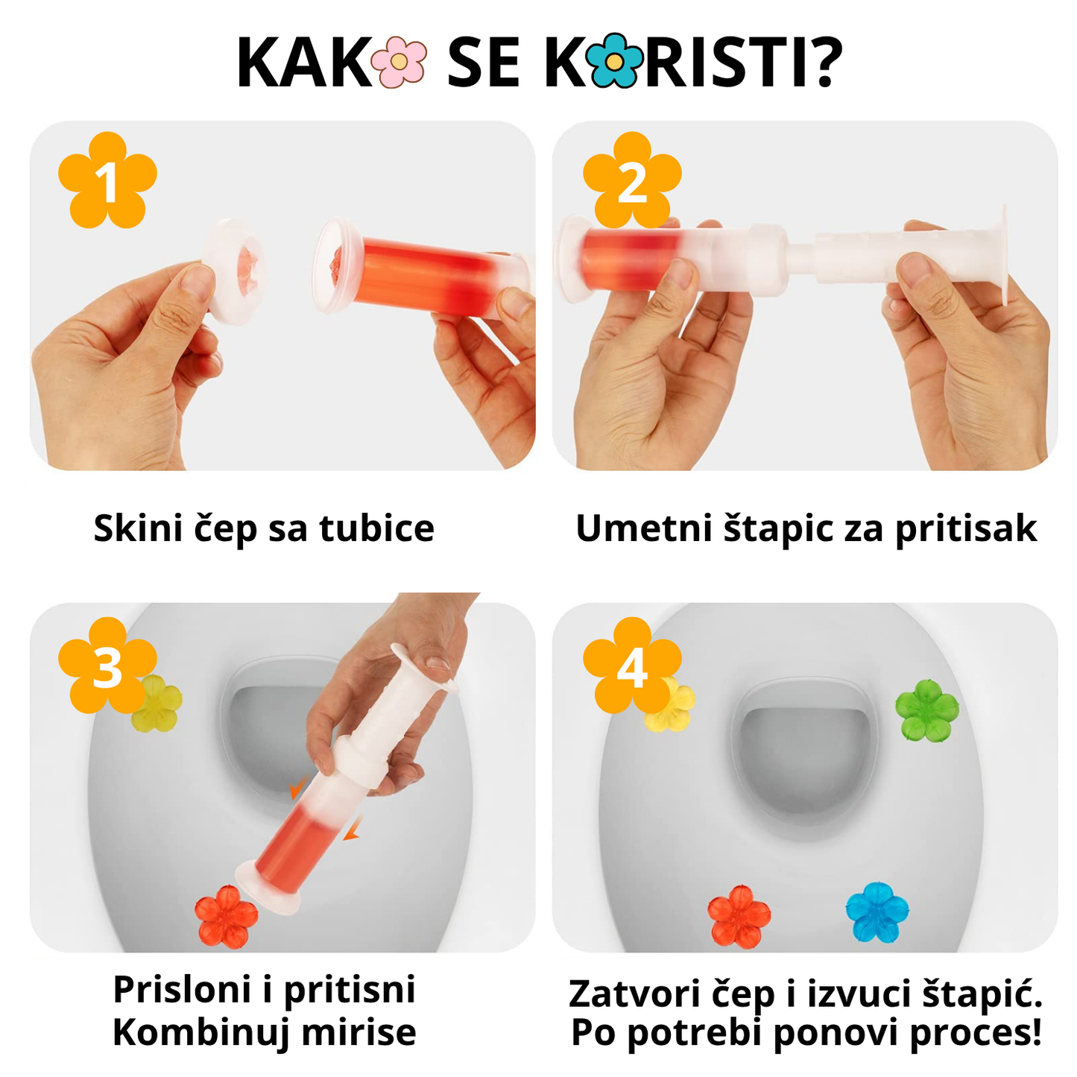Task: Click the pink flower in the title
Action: click(x=399, y=62)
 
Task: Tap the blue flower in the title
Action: click(x=614, y=62)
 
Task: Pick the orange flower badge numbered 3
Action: click(x=107, y=666)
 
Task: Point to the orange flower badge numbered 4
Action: click(x=632, y=666)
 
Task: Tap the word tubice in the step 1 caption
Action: click(x=376, y=528)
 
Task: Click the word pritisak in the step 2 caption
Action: click(x=965, y=529)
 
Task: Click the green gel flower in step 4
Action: click(x=926, y=710)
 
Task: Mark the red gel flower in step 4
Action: click(x=739, y=916)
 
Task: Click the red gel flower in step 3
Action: click(x=226, y=917)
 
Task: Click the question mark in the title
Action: click(x=824, y=62)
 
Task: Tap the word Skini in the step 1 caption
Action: click(x=138, y=528)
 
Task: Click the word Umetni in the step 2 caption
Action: click(x=644, y=528)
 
